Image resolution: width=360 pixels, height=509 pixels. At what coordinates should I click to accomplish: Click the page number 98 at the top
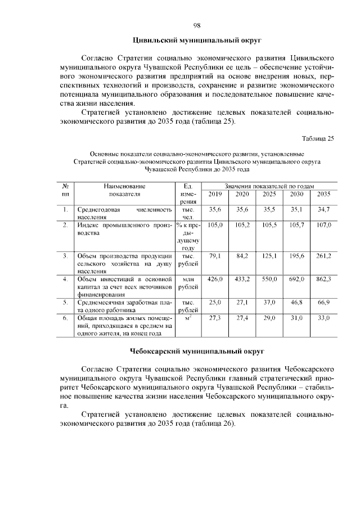click(197, 25)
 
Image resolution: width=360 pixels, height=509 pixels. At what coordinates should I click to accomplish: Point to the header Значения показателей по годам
click(269, 186)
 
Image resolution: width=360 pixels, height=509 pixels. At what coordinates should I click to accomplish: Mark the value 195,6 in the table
click(296, 255)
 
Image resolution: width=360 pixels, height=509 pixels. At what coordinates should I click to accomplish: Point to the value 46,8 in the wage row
click(296, 302)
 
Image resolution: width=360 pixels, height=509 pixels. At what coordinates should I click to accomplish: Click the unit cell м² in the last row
click(188, 318)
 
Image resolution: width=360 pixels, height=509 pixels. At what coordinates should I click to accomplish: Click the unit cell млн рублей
click(188, 282)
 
